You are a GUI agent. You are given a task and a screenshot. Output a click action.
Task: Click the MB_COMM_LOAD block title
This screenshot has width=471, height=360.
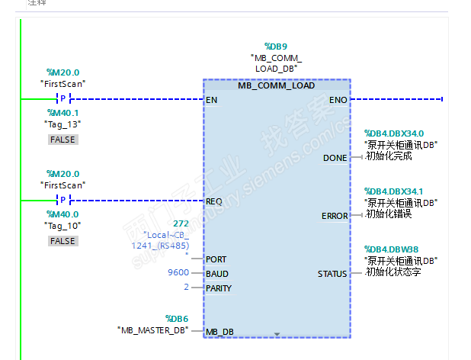point(276,85)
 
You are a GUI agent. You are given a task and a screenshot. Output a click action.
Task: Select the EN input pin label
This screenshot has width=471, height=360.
point(211,100)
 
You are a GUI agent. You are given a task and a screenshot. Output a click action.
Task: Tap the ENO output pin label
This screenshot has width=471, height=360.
point(338,100)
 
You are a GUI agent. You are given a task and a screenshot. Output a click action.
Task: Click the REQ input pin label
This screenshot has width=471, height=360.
point(214,201)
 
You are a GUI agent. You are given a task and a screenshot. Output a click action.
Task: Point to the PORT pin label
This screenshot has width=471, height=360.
point(216,259)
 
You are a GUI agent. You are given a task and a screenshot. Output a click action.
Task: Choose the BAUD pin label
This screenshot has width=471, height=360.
point(217,274)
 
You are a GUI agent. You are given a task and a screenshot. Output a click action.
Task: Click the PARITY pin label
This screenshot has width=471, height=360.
point(219,288)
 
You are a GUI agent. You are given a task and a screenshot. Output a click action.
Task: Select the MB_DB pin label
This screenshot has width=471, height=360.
point(219,332)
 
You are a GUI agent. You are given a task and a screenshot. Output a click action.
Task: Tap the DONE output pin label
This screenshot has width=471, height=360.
point(335,158)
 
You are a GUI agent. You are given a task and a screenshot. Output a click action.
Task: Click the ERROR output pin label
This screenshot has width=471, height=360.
point(334,216)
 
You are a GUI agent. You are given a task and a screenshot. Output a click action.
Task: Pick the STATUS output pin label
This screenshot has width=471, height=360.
point(332,274)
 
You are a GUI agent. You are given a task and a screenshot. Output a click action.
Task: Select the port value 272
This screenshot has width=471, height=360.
point(181,223)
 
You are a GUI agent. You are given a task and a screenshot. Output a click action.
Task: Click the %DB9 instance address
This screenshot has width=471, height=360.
point(275,46)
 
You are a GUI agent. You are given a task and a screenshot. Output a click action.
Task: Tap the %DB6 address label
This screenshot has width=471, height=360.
point(177,318)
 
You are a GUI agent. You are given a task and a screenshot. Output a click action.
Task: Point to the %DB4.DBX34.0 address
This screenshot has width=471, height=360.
point(393,133)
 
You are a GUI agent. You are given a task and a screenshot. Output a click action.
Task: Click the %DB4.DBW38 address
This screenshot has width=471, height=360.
point(391,249)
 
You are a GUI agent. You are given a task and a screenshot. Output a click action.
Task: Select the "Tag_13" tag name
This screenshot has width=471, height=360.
point(62,124)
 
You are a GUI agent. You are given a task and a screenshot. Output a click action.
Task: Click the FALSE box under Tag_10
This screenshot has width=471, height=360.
point(62,241)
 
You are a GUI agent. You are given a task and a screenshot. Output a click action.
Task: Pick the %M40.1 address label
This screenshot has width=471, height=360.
point(62,113)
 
